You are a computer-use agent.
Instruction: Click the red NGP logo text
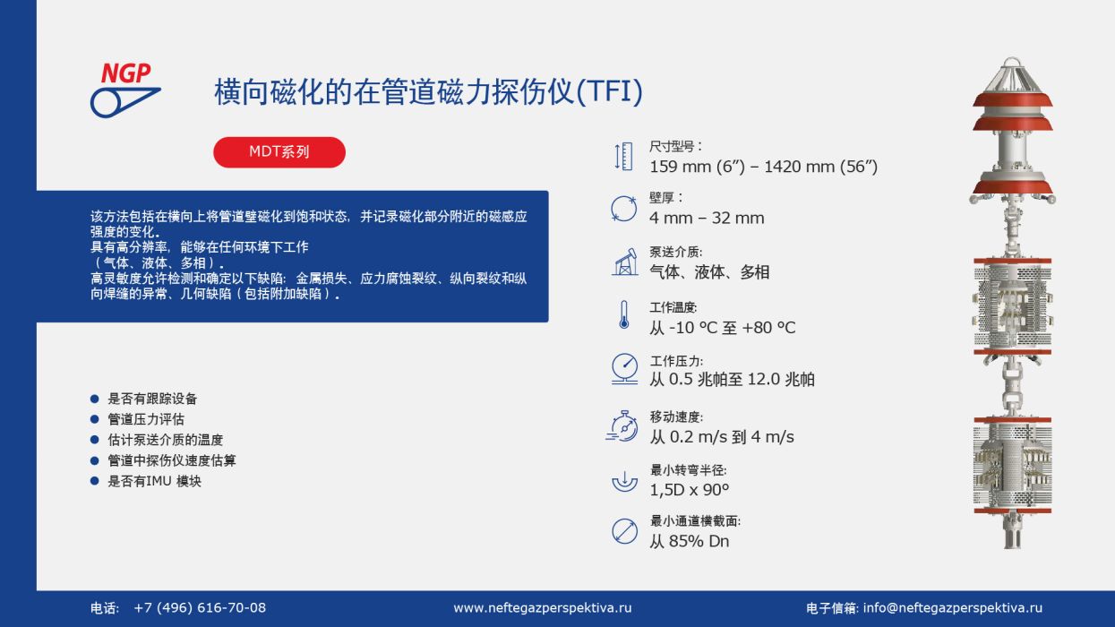point(126,73)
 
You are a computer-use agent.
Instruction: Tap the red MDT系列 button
point(279,152)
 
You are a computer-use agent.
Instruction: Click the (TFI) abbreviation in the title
point(609,92)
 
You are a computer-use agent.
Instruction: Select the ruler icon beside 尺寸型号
point(623,157)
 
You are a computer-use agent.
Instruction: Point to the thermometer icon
point(623,314)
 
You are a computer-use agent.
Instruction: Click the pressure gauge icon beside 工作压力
point(624,369)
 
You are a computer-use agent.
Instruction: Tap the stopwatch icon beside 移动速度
point(622,426)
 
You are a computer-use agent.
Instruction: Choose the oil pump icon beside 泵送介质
point(625,262)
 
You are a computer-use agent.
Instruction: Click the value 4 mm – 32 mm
point(707,218)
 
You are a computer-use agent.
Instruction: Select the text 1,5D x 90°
point(690,490)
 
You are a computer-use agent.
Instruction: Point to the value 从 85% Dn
point(690,541)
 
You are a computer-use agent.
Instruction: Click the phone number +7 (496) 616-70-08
point(200,607)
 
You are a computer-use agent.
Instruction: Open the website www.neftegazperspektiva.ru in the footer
point(543,608)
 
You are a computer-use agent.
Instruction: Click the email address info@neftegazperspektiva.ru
point(953,608)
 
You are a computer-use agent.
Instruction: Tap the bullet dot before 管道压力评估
point(95,419)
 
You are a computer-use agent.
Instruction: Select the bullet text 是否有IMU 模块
point(154,481)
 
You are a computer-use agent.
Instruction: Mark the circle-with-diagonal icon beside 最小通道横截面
point(624,531)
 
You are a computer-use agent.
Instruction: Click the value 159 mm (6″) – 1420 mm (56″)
point(764,167)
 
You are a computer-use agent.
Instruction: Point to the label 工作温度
point(673,307)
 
